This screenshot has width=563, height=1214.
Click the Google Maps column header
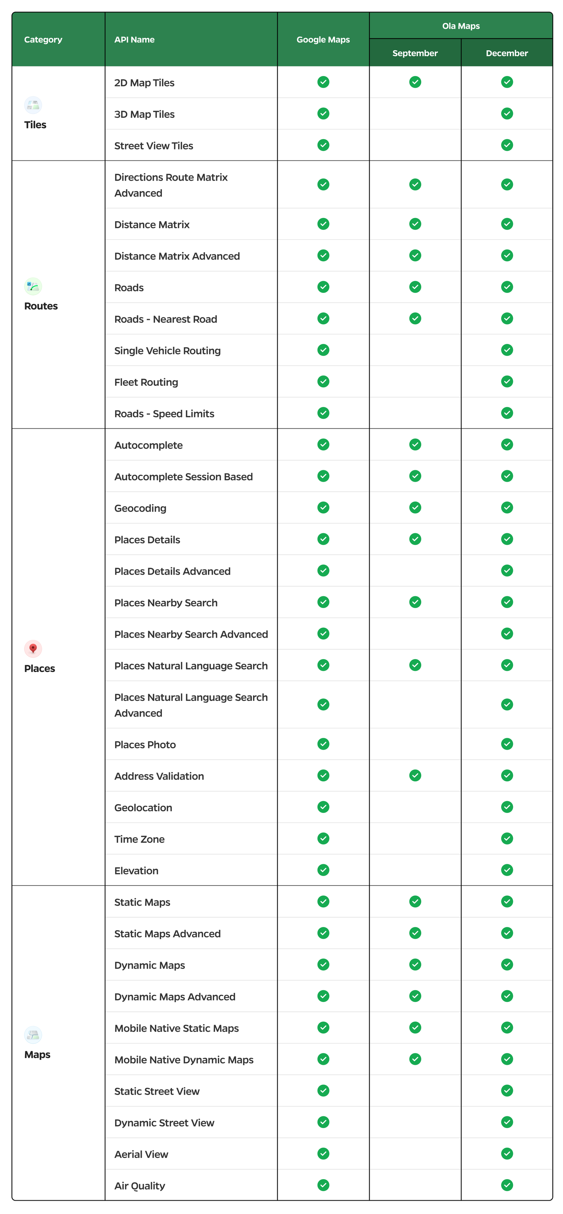323,40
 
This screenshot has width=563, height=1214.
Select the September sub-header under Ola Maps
415,53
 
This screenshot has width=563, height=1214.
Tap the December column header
507,53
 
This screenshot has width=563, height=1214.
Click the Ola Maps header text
461,26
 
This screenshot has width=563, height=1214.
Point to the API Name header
134,40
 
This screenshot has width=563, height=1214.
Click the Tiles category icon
33,105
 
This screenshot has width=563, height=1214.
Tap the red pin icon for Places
33,648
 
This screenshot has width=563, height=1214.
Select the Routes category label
41,306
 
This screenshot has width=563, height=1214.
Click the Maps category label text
37,1054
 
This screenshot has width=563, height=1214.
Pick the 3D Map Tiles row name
144,114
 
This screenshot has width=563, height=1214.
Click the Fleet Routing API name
146,382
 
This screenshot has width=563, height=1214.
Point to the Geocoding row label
140,508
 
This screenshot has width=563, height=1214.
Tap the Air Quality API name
140,1186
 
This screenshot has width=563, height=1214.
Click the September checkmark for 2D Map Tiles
415,82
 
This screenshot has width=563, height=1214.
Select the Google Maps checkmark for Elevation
323,870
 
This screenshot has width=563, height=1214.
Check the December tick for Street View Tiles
507,145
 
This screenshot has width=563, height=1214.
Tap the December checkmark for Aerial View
507,1154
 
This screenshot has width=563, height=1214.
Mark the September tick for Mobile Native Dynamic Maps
415,1059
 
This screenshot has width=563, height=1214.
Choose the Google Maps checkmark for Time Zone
323,838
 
